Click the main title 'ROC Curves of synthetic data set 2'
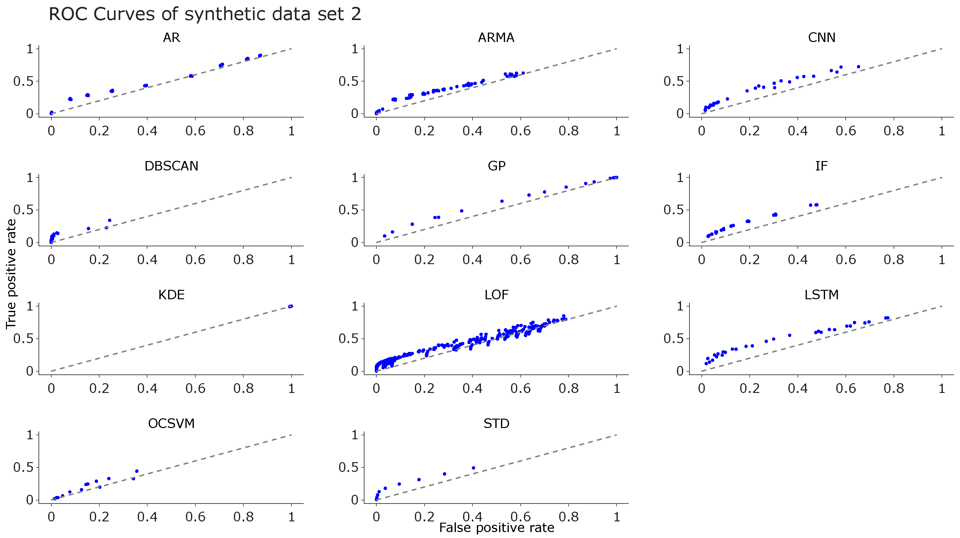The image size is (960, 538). click(x=205, y=14)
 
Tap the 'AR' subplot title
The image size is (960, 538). click(x=172, y=38)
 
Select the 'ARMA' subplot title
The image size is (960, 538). click(x=496, y=38)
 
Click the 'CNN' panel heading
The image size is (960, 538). click(x=821, y=38)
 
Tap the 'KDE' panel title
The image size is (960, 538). click(x=172, y=295)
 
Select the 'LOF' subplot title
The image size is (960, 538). click(x=496, y=295)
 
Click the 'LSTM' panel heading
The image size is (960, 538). click(x=821, y=295)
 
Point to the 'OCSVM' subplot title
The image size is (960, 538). click(x=172, y=424)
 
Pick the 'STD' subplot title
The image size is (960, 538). click(x=496, y=424)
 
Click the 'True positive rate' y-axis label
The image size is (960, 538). click(x=11, y=274)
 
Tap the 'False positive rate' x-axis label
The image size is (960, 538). click(x=496, y=528)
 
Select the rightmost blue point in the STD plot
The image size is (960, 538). click(x=473, y=468)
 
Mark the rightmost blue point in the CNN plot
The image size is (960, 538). click(x=858, y=67)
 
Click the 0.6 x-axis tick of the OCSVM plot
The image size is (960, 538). click(x=195, y=517)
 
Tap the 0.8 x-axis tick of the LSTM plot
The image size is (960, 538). click(x=894, y=389)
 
